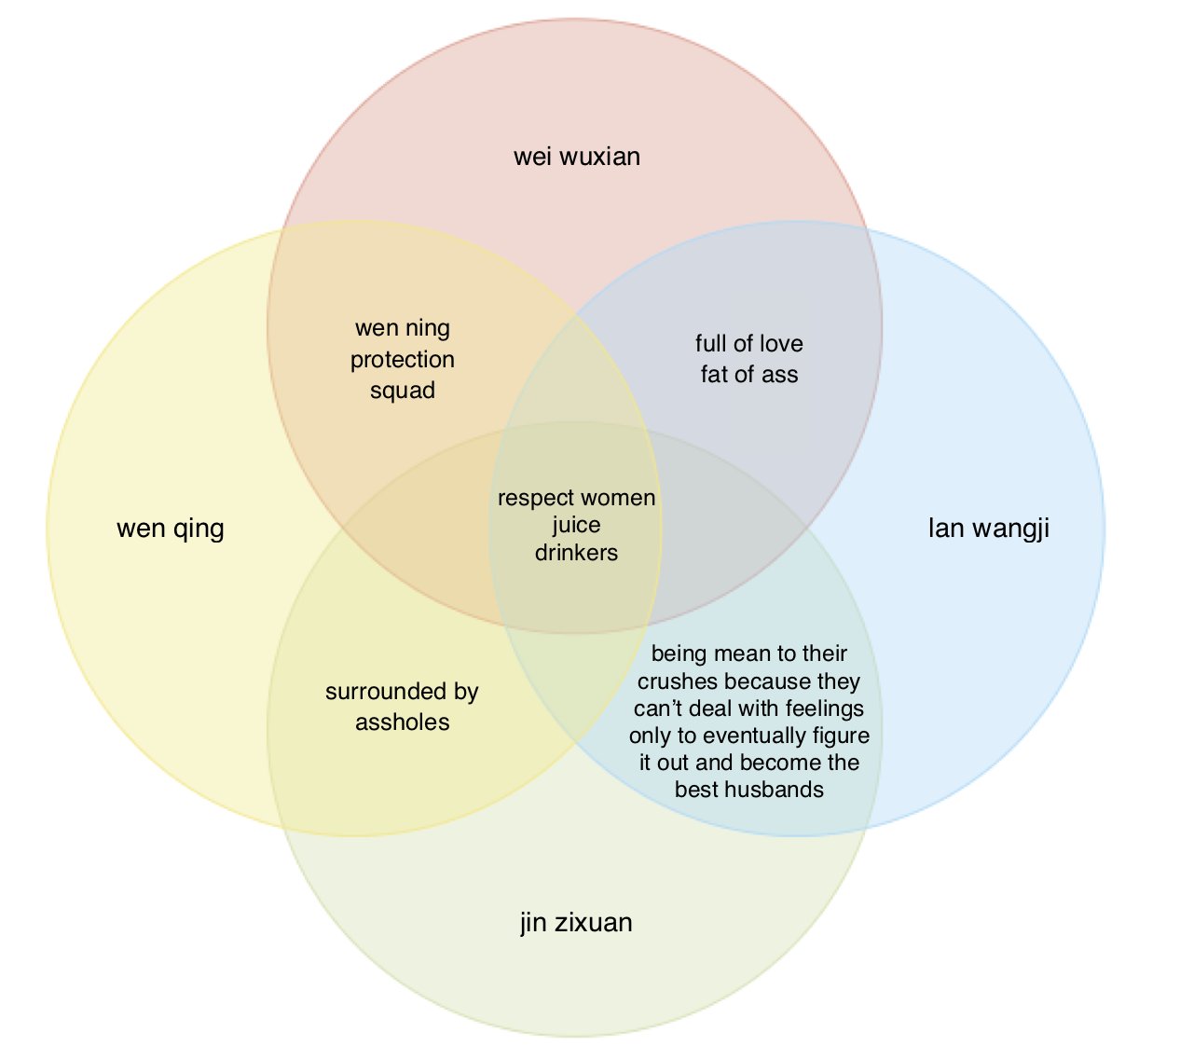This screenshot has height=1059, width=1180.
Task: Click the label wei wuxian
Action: (577, 156)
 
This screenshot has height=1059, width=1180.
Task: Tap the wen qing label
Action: (171, 529)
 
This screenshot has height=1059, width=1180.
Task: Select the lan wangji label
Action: (988, 529)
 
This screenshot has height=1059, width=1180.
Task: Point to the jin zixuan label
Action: (576, 922)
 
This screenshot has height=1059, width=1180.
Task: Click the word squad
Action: (403, 390)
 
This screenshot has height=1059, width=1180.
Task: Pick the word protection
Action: (403, 359)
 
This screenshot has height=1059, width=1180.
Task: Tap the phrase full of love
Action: (749, 343)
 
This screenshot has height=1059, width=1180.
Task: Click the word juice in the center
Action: (576, 525)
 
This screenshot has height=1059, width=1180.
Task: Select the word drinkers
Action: (576, 552)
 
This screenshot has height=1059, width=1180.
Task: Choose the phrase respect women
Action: (576, 498)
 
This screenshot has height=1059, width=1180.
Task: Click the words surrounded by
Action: (402, 691)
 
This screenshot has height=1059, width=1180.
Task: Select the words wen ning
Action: (403, 328)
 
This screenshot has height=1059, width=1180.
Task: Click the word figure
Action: (840, 736)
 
